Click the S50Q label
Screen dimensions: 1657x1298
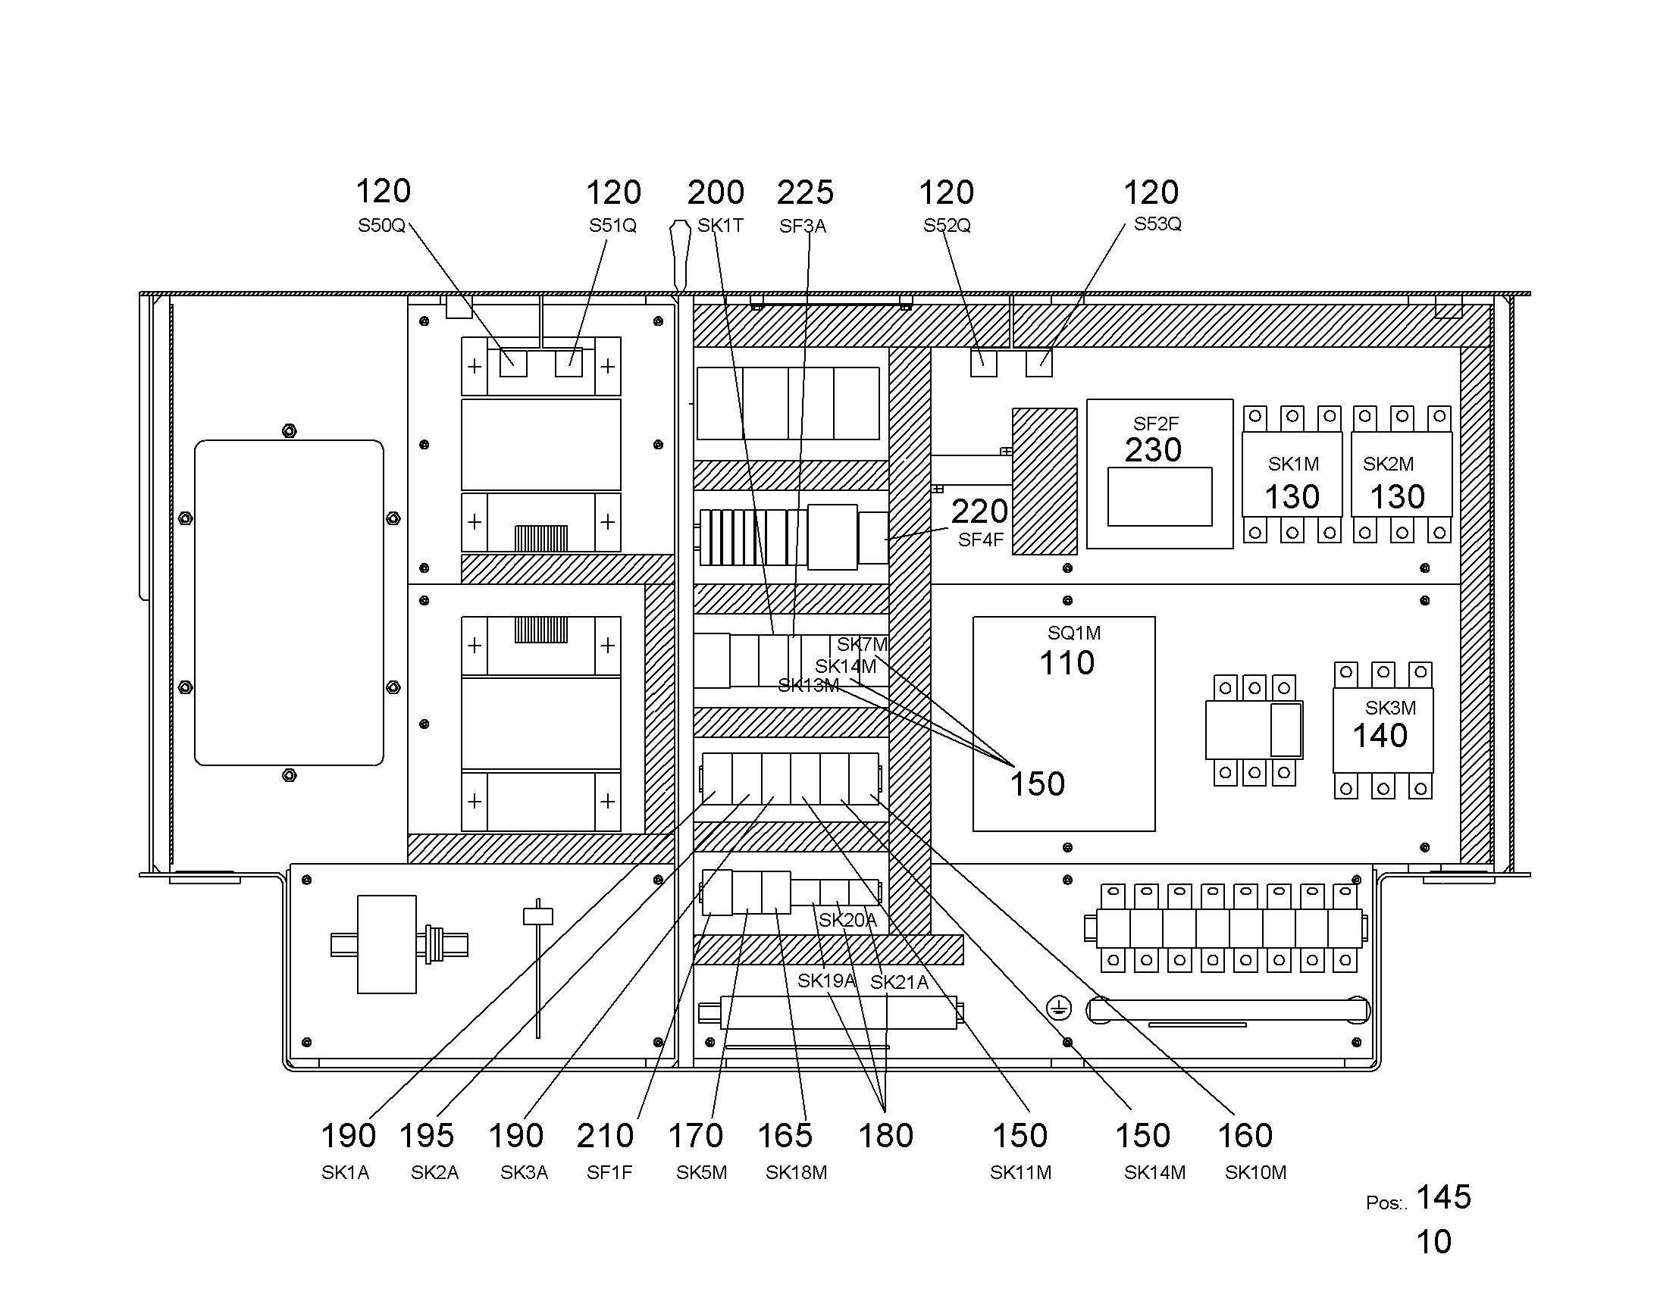(381, 226)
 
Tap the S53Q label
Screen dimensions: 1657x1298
(1157, 224)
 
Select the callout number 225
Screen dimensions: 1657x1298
(805, 192)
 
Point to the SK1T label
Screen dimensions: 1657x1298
(720, 226)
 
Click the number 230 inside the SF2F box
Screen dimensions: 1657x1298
(1153, 450)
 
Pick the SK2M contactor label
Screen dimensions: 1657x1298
(1388, 464)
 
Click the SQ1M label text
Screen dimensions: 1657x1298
(1074, 633)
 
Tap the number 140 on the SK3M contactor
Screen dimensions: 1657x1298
(1380, 736)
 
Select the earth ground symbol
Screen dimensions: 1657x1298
(1059, 1009)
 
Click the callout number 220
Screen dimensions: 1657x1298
(979, 511)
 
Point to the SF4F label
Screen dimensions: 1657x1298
(981, 540)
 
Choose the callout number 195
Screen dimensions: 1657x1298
(427, 1136)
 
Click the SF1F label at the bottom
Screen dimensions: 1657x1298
(609, 1173)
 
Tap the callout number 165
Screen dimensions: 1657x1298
(785, 1136)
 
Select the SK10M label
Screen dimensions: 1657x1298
(1256, 1173)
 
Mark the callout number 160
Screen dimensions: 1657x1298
(1245, 1136)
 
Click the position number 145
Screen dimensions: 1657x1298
(1444, 1198)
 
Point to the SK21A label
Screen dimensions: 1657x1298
(899, 983)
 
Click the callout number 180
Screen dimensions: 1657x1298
(885, 1136)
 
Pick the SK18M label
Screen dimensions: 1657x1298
(796, 1173)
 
